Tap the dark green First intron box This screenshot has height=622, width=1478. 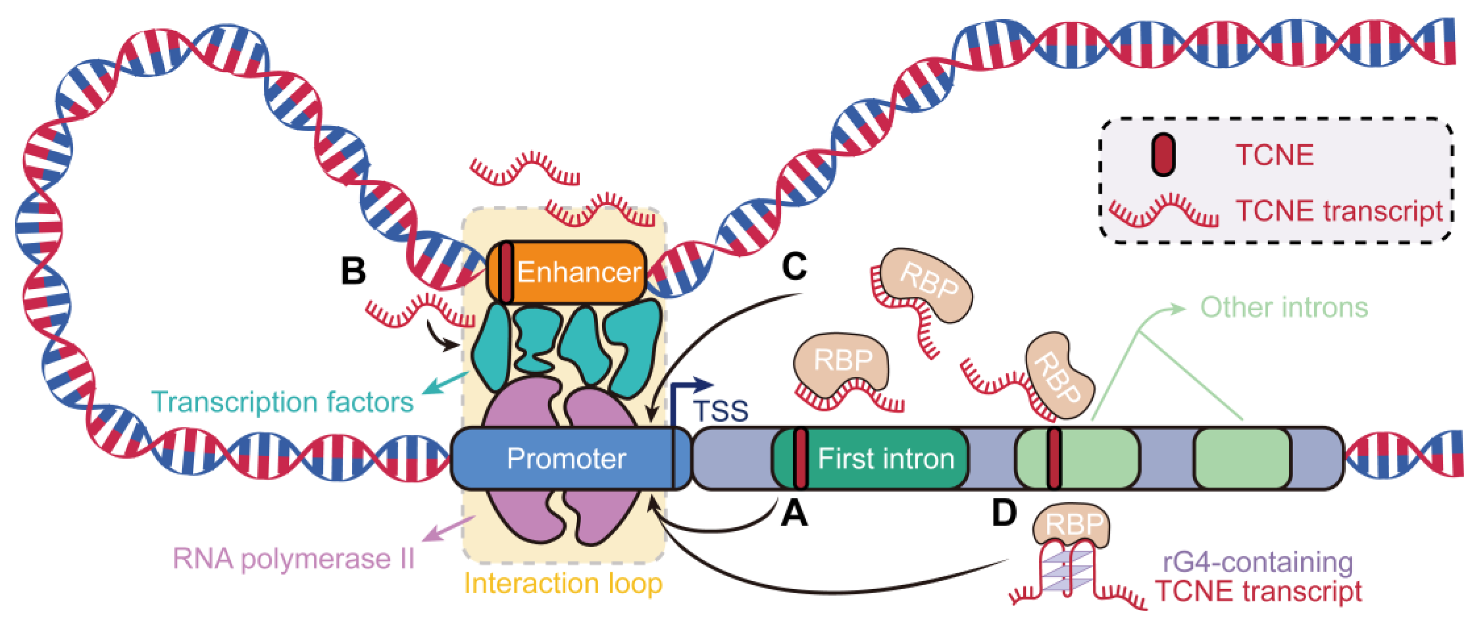(885, 459)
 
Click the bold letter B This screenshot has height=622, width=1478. (353, 271)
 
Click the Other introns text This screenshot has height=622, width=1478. (1284, 308)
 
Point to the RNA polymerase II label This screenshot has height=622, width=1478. (293, 559)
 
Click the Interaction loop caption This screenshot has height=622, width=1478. (563, 583)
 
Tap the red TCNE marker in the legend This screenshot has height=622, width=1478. (1163, 155)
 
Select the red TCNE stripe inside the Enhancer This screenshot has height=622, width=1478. (506, 272)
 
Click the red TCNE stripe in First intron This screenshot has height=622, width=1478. (801, 459)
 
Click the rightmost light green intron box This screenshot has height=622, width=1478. (1242, 459)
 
